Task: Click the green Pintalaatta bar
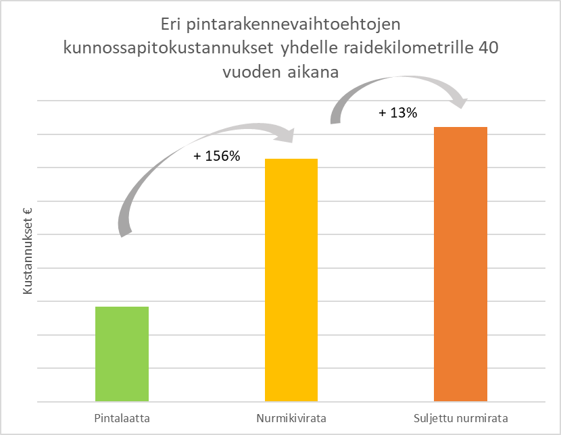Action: (x=122, y=353)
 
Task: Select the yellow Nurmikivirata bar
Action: (x=291, y=280)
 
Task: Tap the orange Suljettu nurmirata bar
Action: (x=460, y=263)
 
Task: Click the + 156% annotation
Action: (x=216, y=156)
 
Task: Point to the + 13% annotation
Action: (x=398, y=113)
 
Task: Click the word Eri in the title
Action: (x=170, y=25)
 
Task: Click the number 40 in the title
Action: (x=484, y=49)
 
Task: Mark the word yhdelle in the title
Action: (x=311, y=49)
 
